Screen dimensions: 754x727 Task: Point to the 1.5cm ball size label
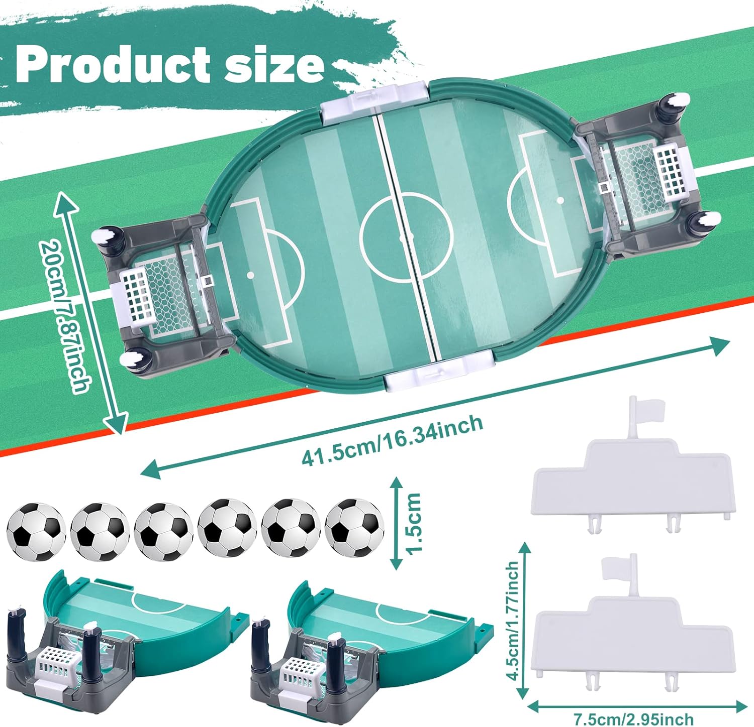[414, 523]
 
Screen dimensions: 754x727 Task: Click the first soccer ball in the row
[36, 531]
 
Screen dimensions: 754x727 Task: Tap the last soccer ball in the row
[354, 528]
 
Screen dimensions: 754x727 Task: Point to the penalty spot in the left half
[250, 275]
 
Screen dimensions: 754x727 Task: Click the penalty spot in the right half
[560, 200]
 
